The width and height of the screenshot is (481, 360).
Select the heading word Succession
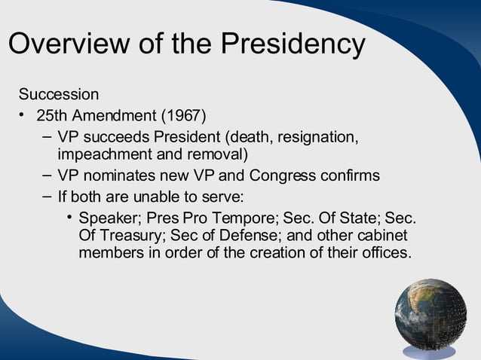pos(59,95)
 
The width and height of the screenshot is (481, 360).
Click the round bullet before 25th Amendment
pos(23,116)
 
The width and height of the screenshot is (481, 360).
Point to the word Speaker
pos(109,218)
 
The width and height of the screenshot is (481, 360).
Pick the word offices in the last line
pos(384,253)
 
